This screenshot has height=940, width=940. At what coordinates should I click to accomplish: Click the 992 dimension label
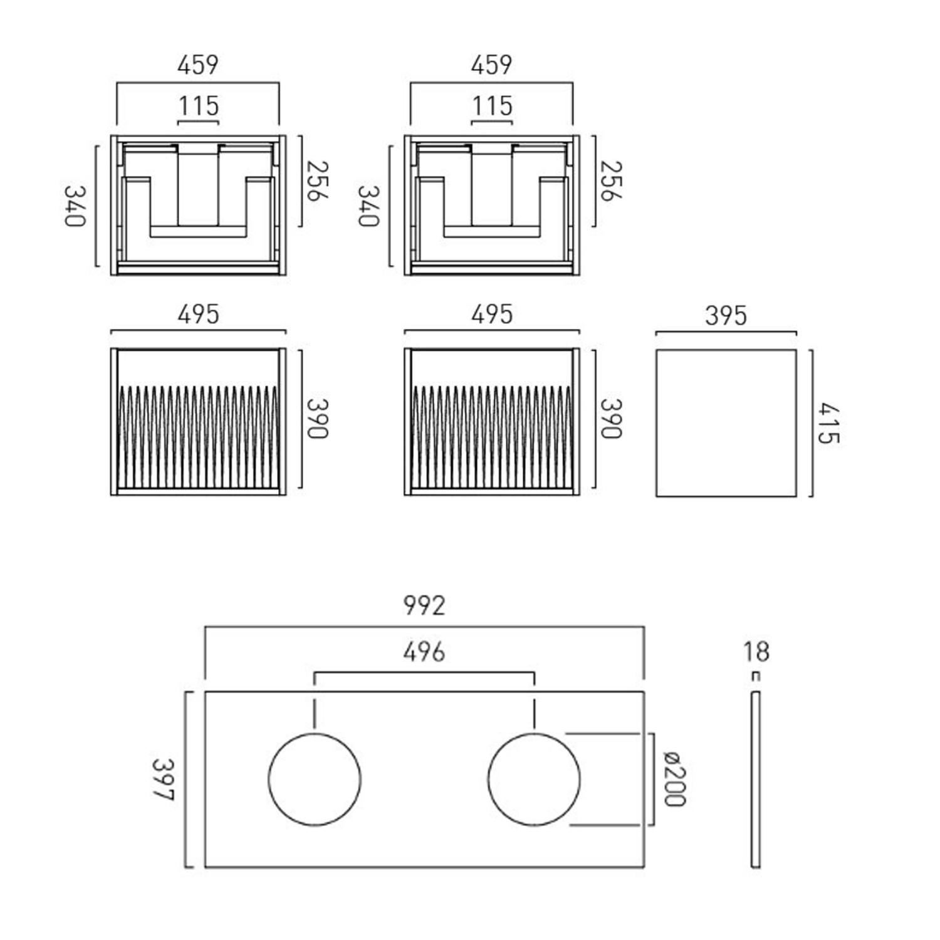(x=424, y=605)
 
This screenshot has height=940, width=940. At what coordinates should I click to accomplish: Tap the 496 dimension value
(x=424, y=652)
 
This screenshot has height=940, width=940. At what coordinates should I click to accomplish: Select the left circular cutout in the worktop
(x=315, y=780)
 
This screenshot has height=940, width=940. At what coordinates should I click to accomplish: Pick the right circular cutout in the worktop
(x=534, y=780)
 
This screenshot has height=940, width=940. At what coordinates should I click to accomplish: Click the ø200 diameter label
(x=675, y=779)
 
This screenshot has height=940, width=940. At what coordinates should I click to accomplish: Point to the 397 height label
(x=163, y=780)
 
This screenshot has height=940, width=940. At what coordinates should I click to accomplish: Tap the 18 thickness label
(x=756, y=652)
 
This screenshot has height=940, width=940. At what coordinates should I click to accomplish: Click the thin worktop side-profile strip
(x=756, y=780)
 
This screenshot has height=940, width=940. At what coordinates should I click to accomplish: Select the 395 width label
(x=726, y=316)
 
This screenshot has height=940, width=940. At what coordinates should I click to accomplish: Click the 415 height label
(x=828, y=424)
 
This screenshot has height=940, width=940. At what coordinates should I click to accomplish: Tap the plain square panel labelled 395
(x=726, y=424)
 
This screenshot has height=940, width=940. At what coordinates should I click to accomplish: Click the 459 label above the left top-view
(x=198, y=65)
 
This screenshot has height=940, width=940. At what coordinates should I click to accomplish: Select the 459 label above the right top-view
(x=492, y=65)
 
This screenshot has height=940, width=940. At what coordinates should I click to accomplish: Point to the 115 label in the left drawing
(x=199, y=106)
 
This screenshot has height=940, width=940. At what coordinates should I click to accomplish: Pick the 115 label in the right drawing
(x=492, y=106)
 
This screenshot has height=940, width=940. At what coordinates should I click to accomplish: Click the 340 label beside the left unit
(x=75, y=206)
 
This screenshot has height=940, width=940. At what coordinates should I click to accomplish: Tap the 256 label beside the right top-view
(x=611, y=181)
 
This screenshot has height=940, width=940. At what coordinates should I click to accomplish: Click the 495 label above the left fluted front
(x=198, y=315)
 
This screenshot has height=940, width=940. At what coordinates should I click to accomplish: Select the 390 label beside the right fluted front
(x=611, y=419)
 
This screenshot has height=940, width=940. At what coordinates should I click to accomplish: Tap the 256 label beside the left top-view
(x=318, y=181)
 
